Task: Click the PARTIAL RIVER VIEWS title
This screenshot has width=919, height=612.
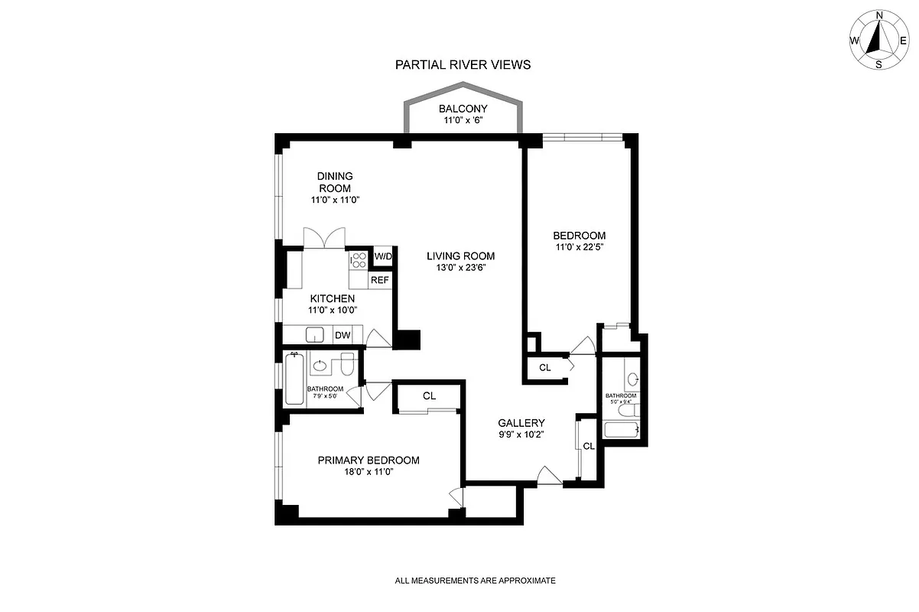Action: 463,65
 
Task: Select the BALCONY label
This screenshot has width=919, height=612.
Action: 463,109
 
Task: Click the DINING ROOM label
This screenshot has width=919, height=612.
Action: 335,182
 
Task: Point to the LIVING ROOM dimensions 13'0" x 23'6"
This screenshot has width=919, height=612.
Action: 460,268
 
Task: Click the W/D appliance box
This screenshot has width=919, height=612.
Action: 382,256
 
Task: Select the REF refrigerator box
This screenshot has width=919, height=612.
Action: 380,280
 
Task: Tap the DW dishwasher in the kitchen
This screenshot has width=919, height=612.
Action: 342,335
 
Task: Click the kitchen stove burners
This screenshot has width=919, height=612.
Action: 358,261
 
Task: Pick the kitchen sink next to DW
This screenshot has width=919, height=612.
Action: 314,335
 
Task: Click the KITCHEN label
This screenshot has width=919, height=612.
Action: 332,298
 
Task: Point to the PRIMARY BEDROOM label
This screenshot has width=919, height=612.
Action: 369,460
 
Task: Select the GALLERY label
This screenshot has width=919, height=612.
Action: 521,423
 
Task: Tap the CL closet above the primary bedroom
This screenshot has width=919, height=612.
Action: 429,396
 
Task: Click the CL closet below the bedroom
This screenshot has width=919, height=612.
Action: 544,368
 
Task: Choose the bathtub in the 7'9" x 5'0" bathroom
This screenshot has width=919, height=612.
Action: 294,379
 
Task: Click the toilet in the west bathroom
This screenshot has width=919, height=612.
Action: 346,365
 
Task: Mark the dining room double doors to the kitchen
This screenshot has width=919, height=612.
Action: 324,238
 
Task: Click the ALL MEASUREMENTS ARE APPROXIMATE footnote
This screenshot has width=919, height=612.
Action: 475,581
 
